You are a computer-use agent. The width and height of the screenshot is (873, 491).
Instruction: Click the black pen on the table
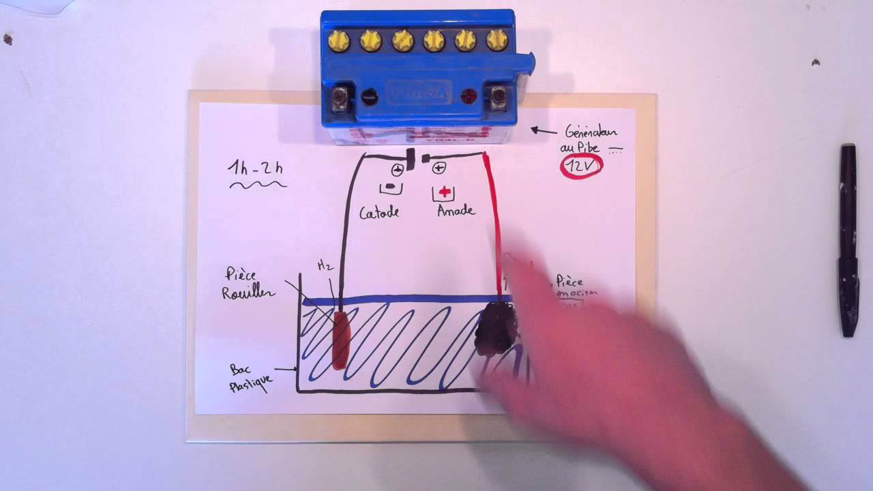848,239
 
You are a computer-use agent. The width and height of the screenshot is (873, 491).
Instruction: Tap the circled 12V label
581,166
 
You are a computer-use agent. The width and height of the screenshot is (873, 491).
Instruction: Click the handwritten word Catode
379,213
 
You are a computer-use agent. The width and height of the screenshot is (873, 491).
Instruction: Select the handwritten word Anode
456,211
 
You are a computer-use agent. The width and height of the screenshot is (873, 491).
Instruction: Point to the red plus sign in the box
445,192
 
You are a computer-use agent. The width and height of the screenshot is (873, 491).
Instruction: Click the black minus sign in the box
390,186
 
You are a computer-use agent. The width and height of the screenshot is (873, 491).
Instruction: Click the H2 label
325,266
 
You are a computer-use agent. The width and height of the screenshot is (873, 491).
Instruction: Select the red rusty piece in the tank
340,339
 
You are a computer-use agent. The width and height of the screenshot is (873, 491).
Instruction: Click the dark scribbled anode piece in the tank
496,330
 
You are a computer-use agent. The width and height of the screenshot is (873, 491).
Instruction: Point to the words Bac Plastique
250,378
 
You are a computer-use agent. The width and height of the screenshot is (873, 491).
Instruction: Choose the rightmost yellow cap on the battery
497,41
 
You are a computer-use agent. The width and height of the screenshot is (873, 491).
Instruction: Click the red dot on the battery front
468,96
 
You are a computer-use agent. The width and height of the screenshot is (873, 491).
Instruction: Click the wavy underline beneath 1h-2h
258,184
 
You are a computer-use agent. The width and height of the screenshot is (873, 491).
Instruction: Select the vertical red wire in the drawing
494,225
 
